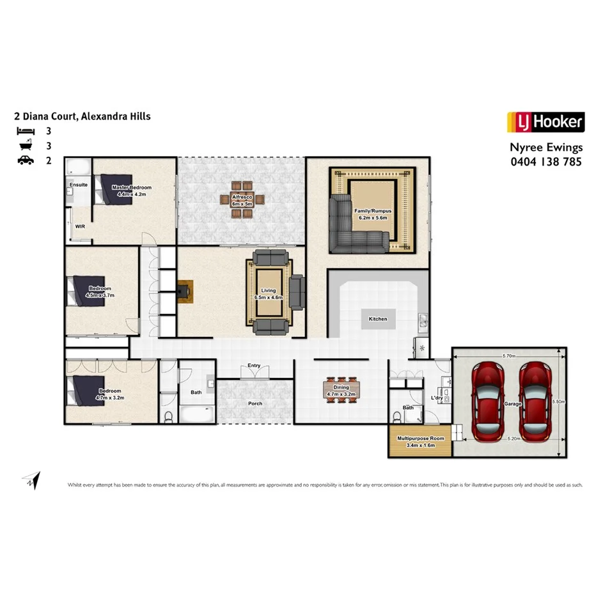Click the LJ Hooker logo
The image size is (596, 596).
click(545, 122)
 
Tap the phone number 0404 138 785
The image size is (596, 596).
click(545, 162)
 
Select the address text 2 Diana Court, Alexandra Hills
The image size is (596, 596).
click(82, 116)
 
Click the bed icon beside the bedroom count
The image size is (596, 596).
click(26, 130)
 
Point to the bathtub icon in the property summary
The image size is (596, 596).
click(26, 145)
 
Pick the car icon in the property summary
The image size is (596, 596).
click(26, 161)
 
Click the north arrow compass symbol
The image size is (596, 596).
click(31, 480)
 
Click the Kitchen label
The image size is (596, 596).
click(377, 318)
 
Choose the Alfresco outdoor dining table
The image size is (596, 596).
click(241, 200)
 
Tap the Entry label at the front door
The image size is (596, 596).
click(255, 366)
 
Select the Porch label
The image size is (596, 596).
click(255, 404)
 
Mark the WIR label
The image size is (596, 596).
click(80, 226)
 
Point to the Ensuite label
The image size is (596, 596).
click(79, 185)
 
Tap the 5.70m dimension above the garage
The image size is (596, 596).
click(509, 355)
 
